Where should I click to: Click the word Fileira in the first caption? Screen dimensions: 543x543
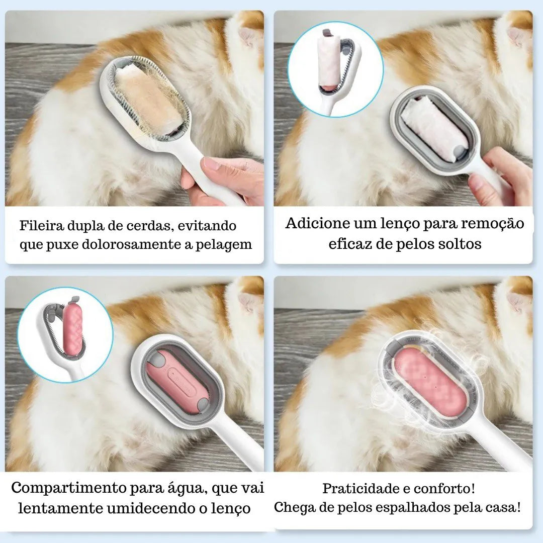[x=41, y=225]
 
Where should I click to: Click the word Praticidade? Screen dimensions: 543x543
[x=360, y=489]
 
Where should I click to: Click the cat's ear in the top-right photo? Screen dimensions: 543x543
[x=517, y=37]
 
